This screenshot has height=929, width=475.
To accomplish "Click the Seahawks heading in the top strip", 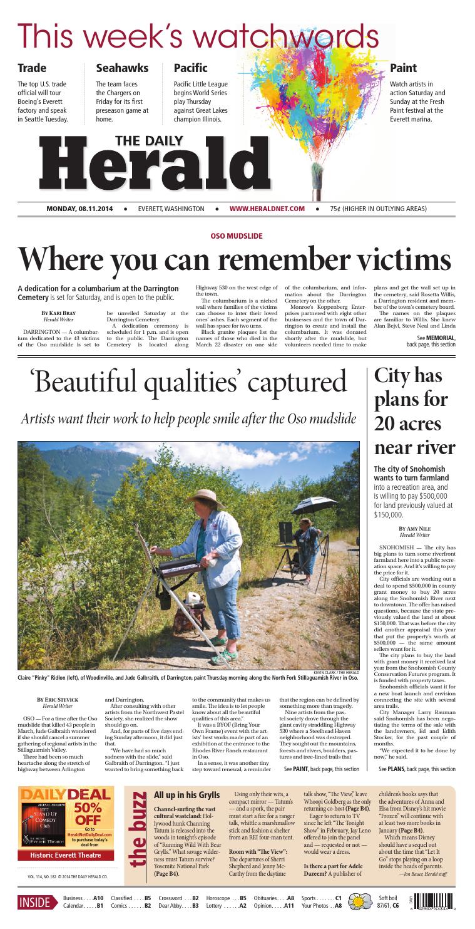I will pyautogui.click(x=122, y=68).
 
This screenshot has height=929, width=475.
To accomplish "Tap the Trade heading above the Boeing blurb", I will pyautogui.click(x=32, y=68).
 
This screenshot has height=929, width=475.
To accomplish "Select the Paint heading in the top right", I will pyautogui.click(x=403, y=68).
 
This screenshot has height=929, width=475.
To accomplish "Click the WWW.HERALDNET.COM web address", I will pyautogui.click(x=267, y=208).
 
